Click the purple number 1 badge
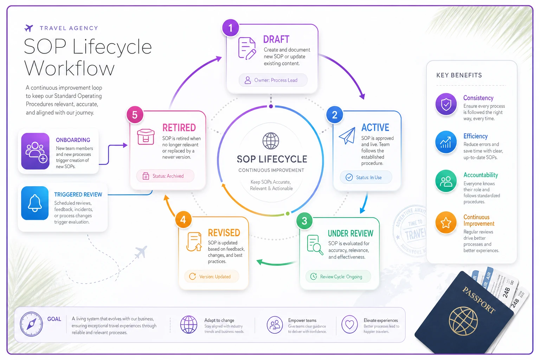[x=231, y=28]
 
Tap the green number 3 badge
[x=304, y=221]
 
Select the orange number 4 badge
[x=183, y=220]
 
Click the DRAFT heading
[x=276, y=39]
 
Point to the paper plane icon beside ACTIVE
[x=347, y=135]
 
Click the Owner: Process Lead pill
[x=273, y=80]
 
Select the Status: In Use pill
[x=366, y=178]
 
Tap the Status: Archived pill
[x=165, y=176]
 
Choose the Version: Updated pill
[x=211, y=277]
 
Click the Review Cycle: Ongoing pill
[x=338, y=277]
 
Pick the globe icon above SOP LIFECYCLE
[x=271, y=141]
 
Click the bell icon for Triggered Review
[x=35, y=203]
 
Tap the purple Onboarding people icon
[x=35, y=151]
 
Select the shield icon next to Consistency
[x=446, y=104]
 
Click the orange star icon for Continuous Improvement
[x=446, y=222]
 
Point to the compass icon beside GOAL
[x=31, y=324]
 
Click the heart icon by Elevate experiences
[x=349, y=324]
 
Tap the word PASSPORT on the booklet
[x=478, y=300]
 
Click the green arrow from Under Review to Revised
[x=277, y=263]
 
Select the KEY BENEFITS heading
[x=459, y=75]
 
